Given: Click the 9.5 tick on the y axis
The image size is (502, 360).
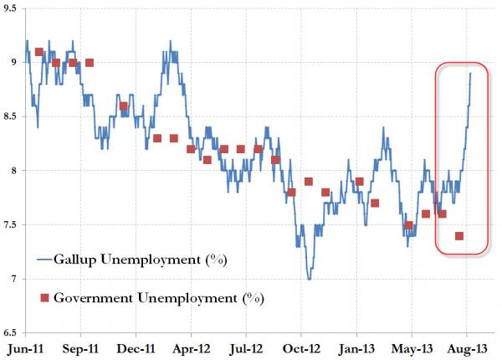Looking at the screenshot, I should tap(9, 9).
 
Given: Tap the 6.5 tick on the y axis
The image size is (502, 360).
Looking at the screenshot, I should tap(9, 332).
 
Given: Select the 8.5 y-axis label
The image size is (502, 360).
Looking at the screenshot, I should tap(9, 117).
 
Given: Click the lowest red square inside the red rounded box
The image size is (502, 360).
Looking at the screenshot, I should tap(459, 236).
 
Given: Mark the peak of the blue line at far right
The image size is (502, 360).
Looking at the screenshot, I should tap(470, 74).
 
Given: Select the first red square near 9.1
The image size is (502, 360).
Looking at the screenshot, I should tap(39, 52).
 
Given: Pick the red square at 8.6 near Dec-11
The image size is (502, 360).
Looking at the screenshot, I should tap(124, 106).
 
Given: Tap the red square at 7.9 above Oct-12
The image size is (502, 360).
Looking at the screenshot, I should tap(309, 182).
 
